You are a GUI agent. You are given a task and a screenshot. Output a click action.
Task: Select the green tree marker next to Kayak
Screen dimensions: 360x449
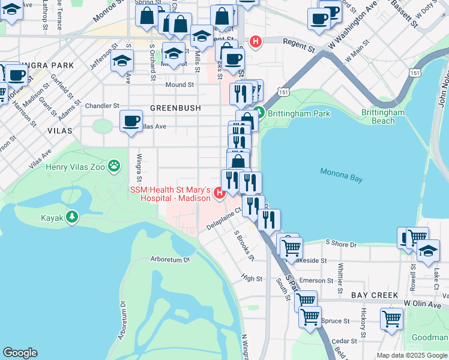(x=72, y=217)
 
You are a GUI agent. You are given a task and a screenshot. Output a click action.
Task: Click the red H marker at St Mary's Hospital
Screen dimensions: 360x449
(x=219, y=193)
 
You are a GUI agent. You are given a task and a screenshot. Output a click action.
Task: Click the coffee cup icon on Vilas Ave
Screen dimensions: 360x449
(x=131, y=121)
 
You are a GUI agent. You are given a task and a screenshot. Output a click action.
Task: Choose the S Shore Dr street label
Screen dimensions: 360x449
(x=340, y=244)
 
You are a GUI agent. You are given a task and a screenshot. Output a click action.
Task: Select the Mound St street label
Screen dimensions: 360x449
(x=179, y=85)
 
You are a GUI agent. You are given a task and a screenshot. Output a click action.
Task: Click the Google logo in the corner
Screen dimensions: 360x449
(x=20, y=353)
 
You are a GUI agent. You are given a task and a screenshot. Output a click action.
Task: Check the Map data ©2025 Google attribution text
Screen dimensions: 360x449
(x=411, y=355)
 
